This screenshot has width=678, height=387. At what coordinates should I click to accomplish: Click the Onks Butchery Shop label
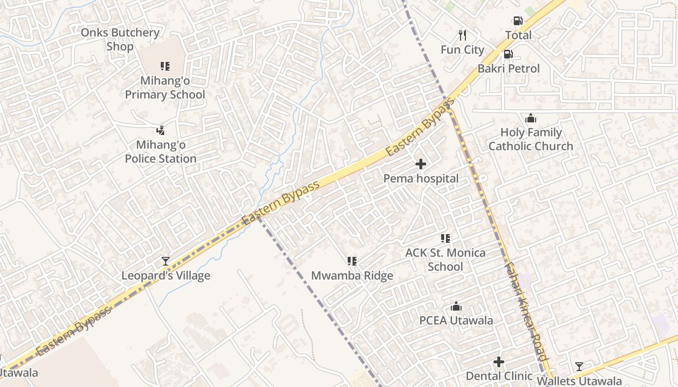click(x=120, y=40)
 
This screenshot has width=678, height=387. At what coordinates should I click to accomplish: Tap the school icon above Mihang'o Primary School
click(x=165, y=66)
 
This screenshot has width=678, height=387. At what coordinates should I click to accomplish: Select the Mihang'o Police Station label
click(x=160, y=151)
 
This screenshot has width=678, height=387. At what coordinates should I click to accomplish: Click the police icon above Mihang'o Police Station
click(x=161, y=130)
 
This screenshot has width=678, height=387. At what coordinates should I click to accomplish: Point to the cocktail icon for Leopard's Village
click(x=166, y=261)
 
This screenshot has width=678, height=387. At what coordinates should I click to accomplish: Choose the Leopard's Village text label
click(x=166, y=276)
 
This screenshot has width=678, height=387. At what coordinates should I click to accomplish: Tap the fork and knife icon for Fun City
click(x=462, y=35)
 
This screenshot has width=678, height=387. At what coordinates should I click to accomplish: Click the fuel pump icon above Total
click(x=518, y=21)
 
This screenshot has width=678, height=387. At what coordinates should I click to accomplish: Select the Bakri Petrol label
click(x=508, y=69)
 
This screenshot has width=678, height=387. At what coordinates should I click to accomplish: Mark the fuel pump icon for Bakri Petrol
click(x=508, y=54)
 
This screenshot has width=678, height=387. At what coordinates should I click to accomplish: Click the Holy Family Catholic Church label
click(x=530, y=139)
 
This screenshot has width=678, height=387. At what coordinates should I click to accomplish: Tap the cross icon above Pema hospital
click(x=421, y=164)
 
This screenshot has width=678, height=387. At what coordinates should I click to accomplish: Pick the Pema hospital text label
click(x=421, y=179)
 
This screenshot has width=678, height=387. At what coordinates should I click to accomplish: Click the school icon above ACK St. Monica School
click(x=445, y=238)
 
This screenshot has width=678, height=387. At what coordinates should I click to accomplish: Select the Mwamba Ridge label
click(x=352, y=276)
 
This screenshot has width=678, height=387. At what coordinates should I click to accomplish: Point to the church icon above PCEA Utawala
click(x=456, y=306)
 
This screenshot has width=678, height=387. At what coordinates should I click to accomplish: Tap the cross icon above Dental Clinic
click(x=499, y=362)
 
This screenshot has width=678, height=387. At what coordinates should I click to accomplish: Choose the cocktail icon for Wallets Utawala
click(x=579, y=366)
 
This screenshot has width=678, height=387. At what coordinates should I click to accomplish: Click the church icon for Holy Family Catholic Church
click(x=531, y=118)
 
